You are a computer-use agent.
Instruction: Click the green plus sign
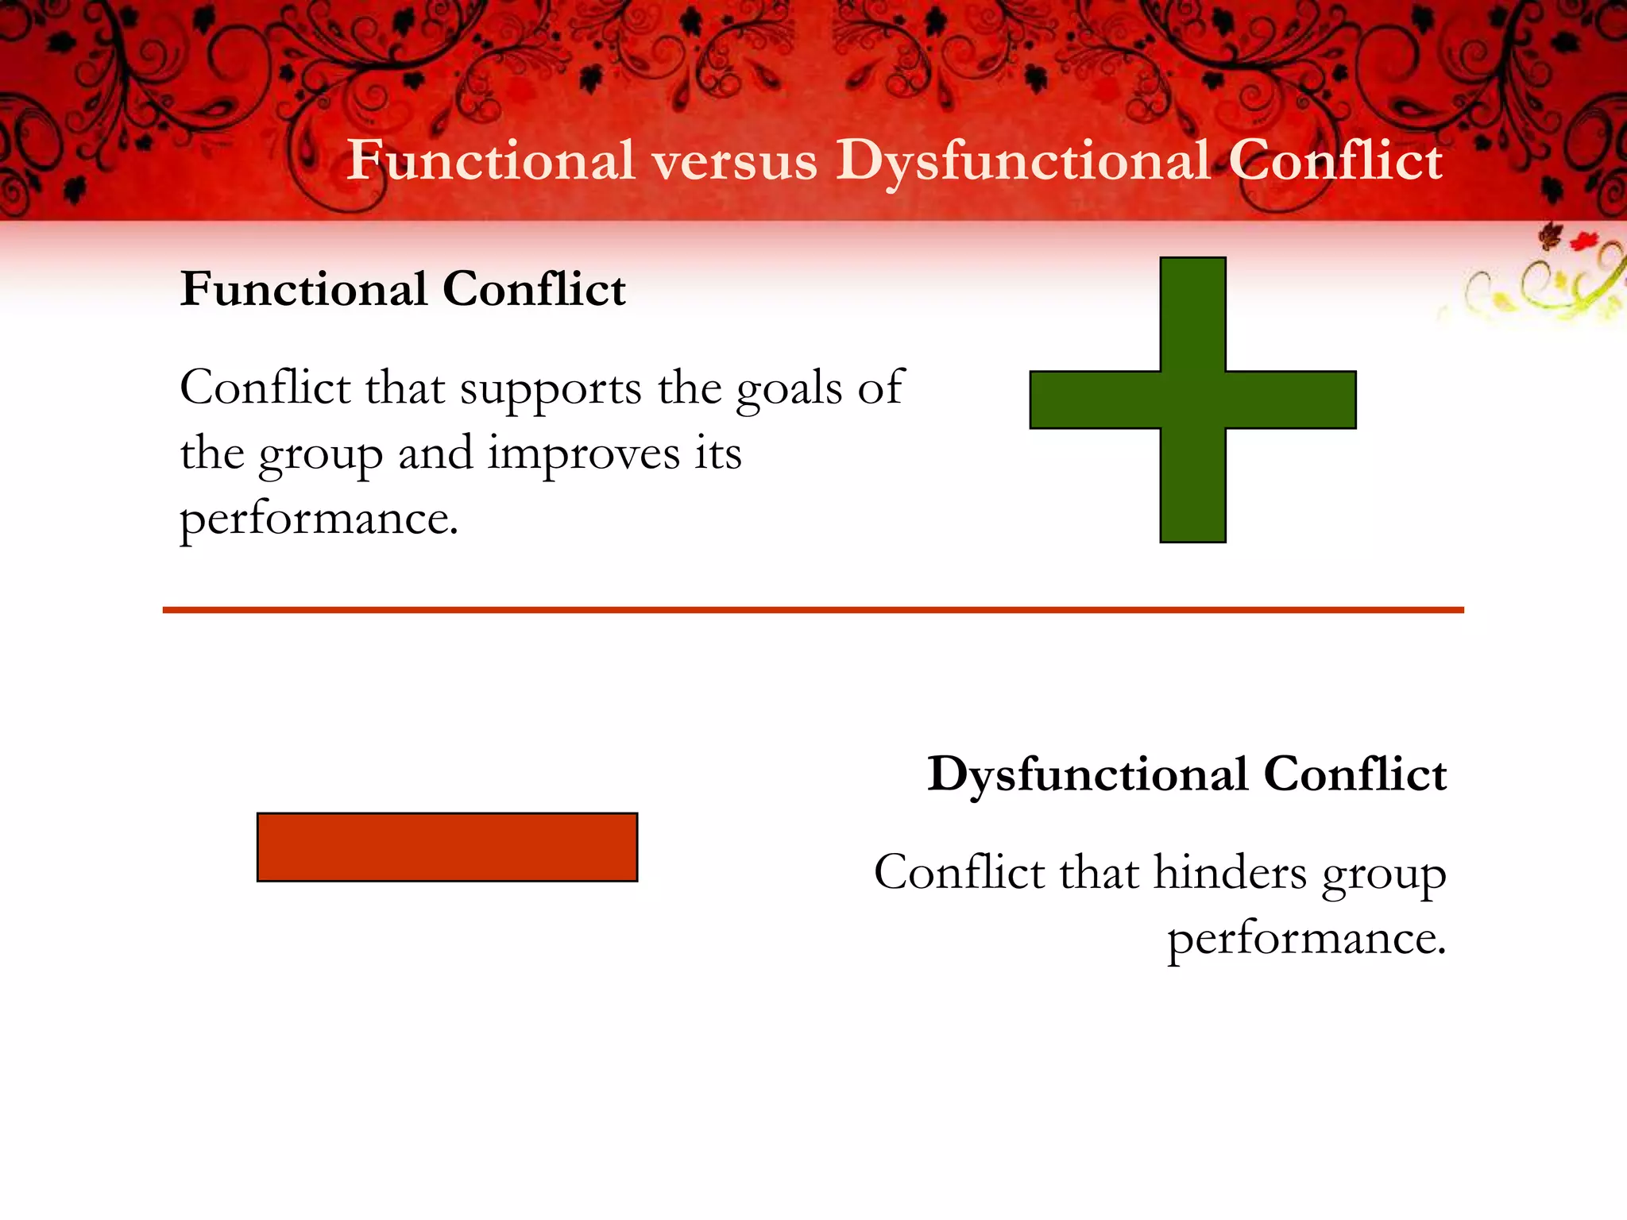point(1192,400)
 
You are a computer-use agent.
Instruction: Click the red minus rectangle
point(447,847)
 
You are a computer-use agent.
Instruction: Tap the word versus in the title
point(735,161)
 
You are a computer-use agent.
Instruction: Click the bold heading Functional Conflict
point(403,288)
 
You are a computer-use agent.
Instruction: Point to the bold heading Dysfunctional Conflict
point(1187,774)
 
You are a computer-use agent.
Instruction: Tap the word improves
point(584,455)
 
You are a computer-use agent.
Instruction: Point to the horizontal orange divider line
point(813,610)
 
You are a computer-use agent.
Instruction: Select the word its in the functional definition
point(718,454)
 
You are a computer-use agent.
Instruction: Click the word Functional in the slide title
point(491,161)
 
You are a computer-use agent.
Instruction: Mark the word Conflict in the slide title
point(1335,161)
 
